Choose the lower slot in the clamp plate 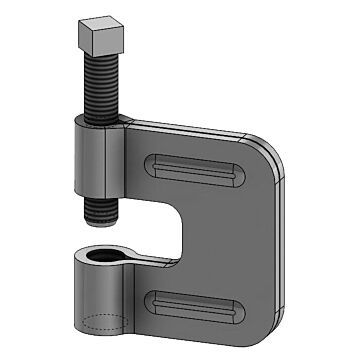pos(200,300)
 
